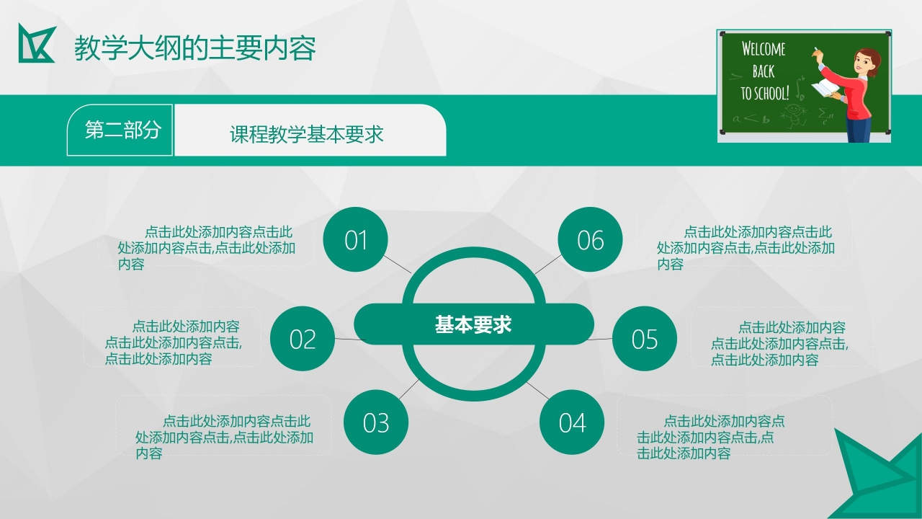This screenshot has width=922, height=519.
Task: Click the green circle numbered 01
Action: (x=356, y=239)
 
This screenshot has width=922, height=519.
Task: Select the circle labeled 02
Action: (x=303, y=339)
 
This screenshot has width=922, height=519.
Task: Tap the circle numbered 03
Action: (x=376, y=422)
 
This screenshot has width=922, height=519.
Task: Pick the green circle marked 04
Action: (x=572, y=422)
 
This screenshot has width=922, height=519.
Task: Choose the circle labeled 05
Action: (x=645, y=339)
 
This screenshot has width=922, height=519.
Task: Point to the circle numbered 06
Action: (x=590, y=239)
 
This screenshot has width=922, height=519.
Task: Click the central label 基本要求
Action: (x=473, y=324)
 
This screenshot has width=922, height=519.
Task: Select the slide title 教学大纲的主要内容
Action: (x=195, y=48)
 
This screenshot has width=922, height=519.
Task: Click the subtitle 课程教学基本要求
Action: (x=306, y=134)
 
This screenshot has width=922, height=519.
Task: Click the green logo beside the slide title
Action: (x=36, y=43)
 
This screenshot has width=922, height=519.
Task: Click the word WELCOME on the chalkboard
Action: (x=764, y=50)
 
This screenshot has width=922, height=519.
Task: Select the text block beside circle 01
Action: (x=207, y=248)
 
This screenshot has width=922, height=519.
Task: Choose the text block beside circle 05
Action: (x=779, y=343)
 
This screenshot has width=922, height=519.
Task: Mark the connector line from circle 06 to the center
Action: (x=548, y=265)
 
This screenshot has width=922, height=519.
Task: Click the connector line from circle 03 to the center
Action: (x=409, y=389)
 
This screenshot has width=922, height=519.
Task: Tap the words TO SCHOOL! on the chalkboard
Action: (x=764, y=94)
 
